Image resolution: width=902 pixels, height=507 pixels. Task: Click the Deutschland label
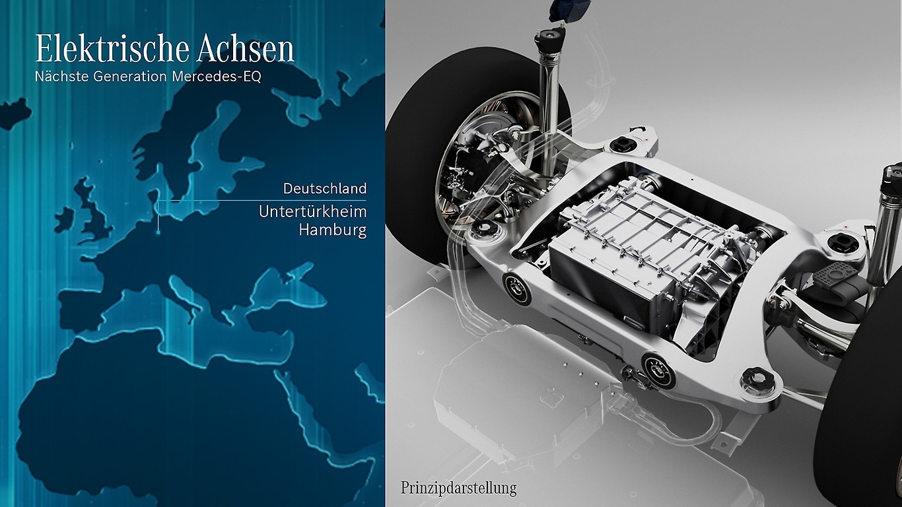tap(324, 189)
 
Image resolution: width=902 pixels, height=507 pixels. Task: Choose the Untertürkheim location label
tap(312, 212)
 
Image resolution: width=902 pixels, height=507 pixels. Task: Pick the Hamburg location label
tap(332, 230)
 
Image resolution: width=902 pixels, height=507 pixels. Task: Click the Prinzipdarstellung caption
tap(458, 489)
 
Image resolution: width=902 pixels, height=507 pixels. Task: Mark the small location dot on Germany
tap(158, 232)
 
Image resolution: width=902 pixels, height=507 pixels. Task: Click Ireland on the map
tap(64, 220)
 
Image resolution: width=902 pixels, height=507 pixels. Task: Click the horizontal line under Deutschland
tap(264, 200)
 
